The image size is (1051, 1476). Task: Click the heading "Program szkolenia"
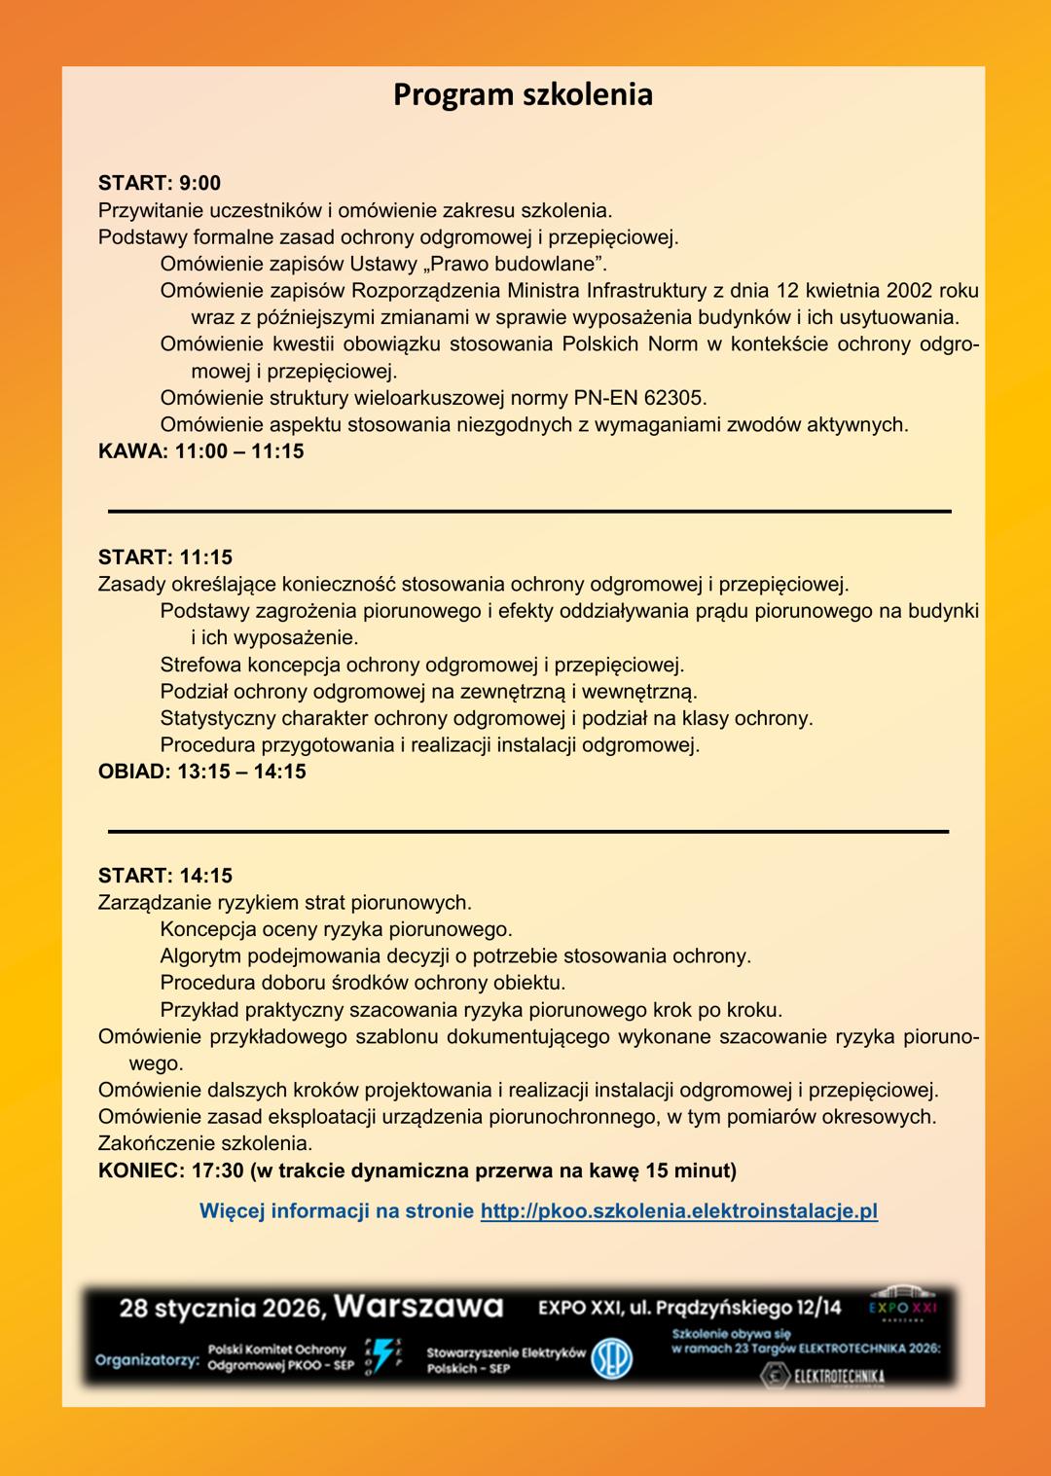click(x=523, y=95)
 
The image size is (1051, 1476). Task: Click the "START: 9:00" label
click(x=160, y=183)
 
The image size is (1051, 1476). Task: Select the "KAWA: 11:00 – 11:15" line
click(x=201, y=451)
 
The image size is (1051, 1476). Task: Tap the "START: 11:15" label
click(x=165, y=558)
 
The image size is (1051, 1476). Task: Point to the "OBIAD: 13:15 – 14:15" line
click(x=202, y=772)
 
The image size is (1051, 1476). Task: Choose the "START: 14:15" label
click(x=165, y=876)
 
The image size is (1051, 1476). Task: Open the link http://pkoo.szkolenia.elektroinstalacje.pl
click(x=679, y=1211)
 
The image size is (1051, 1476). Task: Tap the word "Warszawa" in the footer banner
click(x=418, y=1307)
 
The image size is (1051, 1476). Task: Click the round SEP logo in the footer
click(x=612, y=1358)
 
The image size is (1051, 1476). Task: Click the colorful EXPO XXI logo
click(x=903, y=1307)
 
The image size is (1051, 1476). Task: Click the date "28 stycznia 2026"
click(x=222, y=1308)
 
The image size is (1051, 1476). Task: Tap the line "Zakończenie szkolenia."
click(x=205, y=1143)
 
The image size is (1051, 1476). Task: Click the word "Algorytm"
click(x=199, y=956)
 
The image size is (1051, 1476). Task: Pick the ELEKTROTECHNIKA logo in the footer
click(x=823, y=1376)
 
